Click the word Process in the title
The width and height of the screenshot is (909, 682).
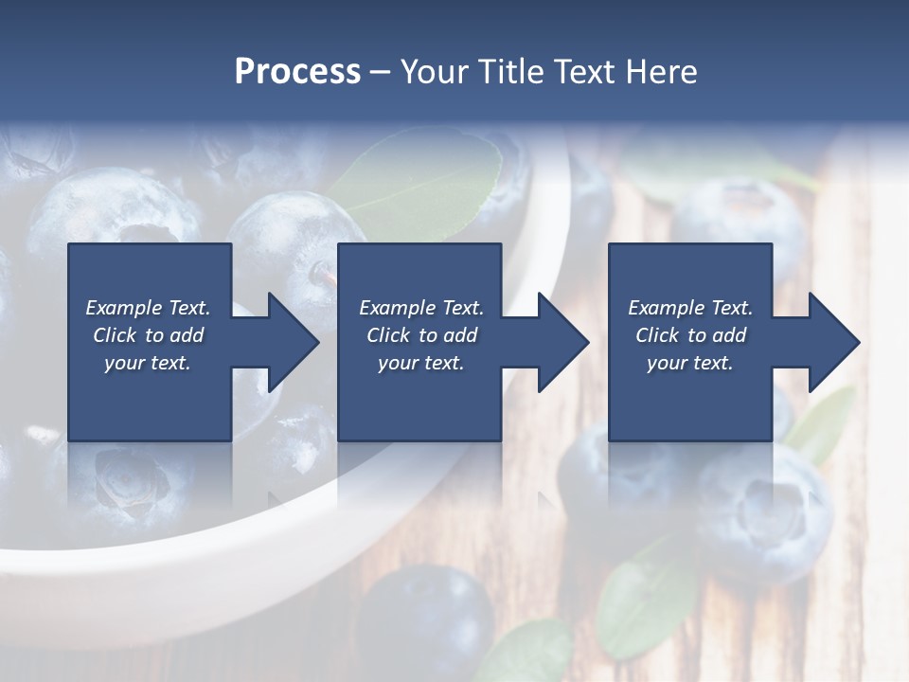pyautogui.click(x=297, y=72)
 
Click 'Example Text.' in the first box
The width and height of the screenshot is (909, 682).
pyautogui.click(x=148, y=308)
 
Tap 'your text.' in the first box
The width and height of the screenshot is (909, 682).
pyautogui.click(x=148, y=363)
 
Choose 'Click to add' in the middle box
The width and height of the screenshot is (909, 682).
pyautogui.click(x=421, y=335)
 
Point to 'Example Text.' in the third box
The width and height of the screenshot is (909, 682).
pyautogui.click(x=690, y=308)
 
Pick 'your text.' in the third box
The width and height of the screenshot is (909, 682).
pyautogui.click(x=690, y=363)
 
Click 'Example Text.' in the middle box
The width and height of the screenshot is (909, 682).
pyautogui.click(x=421, y=308)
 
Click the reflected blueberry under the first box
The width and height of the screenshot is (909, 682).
pyautogui.click(x=133, y=483)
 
